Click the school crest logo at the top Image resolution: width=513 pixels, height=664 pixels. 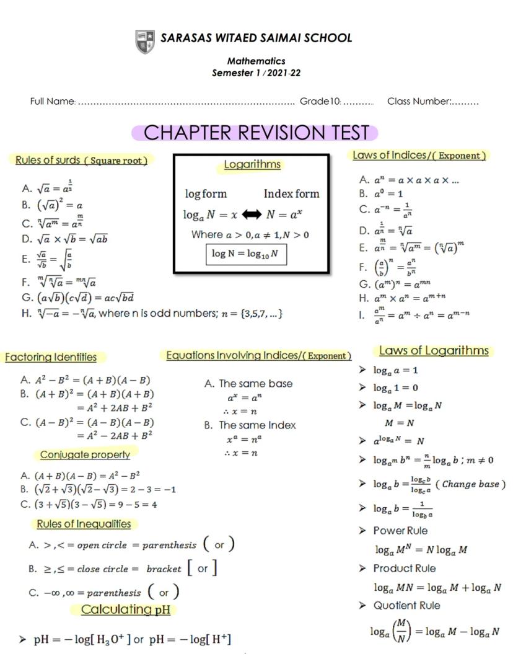click(x=145, y=42)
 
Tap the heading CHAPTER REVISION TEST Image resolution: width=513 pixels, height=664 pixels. click(x=255, y=133)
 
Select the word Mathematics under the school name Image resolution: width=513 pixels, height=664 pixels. click(x=256, y=61)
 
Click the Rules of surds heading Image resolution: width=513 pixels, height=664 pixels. click(x=82, y=160)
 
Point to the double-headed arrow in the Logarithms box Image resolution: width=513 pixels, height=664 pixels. click(x=252, y=215)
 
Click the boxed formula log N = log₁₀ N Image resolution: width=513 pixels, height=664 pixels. click(x=246, y=254)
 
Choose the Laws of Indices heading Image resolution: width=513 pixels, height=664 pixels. click(x=419, y=155)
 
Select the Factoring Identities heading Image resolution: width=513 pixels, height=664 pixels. click(x=51, y=357)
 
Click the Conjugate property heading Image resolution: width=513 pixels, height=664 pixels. click(x=85, y=454)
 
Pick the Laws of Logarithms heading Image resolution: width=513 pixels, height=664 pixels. click(x=434, y=351)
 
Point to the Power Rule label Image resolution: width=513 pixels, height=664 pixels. click(x=400, y=531)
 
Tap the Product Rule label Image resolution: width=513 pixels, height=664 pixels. click(x=404, y=568)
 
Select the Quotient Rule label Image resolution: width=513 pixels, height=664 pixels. click(x=406, y=605)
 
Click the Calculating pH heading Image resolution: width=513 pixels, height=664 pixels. click(x=126, y=609)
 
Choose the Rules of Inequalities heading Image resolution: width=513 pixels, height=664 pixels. click(x=84, y=524)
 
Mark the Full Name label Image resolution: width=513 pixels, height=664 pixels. click(x=52, y=101)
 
